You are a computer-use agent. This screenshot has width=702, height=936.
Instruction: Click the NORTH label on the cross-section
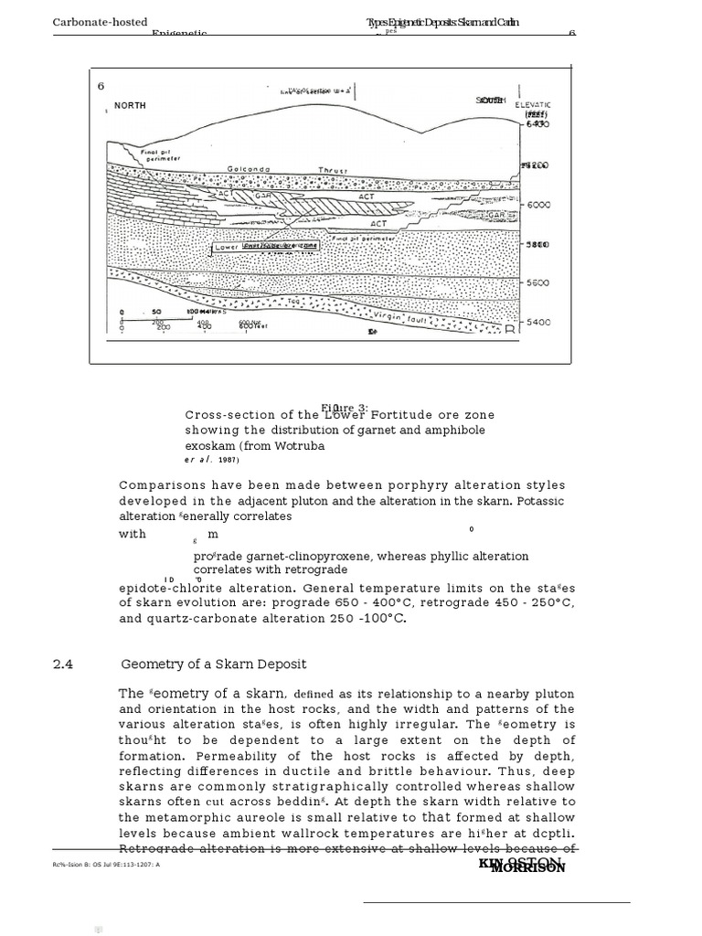[130, 106]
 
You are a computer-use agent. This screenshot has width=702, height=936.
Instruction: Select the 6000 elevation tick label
[538, 206]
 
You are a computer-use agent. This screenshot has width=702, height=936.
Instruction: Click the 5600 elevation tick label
[538, 283]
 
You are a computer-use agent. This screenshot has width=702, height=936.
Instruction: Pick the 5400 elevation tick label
[538, 323]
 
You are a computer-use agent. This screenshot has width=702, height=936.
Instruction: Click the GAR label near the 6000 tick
[497, 215]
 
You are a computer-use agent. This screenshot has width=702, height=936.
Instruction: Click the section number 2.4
[63, 665]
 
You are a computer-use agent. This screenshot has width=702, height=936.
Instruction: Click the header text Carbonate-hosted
[100, 22]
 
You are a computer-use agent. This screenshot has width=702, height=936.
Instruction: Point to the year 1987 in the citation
[229, 460]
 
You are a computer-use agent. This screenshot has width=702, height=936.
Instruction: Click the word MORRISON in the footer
[528, 867]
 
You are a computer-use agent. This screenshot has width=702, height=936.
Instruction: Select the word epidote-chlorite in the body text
[175, 589]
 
